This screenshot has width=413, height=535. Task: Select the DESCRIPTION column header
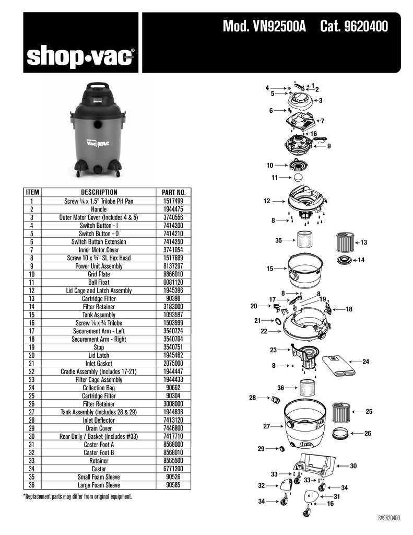coord(99,192)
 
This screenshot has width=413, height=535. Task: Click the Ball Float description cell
coord(99,282)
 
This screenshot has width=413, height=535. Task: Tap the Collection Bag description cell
coord(99,388)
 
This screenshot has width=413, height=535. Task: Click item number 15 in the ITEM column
coord(32,315)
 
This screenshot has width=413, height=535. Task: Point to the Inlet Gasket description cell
coord(99,363)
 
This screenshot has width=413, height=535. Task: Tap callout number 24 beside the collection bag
coord(365,362)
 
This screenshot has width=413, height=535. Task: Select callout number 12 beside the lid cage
coord(266,201)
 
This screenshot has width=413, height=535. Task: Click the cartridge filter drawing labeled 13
coord(345,242)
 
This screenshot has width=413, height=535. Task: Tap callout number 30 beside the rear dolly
coord(353,466)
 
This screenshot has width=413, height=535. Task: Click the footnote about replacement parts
coord(77,496)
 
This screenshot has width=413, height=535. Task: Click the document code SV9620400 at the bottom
coord(389,518)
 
